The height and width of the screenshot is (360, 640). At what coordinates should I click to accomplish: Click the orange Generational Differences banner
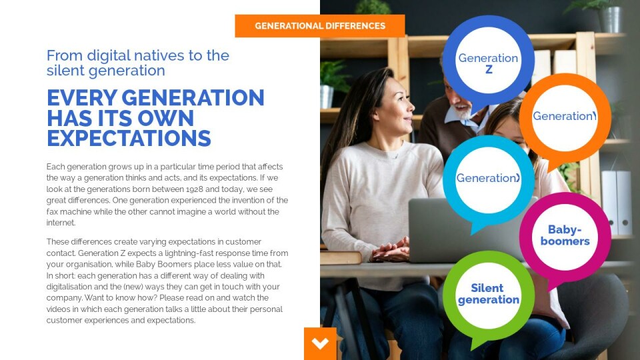point(319,26)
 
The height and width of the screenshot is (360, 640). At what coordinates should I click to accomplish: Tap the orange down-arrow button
point(320,344)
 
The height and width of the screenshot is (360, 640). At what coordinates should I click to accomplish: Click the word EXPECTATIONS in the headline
point(129,139)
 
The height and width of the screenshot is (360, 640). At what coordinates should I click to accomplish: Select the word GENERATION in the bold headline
point(193,98)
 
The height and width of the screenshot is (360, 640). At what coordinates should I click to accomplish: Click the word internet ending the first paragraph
point(61,223)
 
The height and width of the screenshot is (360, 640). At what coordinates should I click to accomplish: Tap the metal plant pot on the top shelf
point(610,19)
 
